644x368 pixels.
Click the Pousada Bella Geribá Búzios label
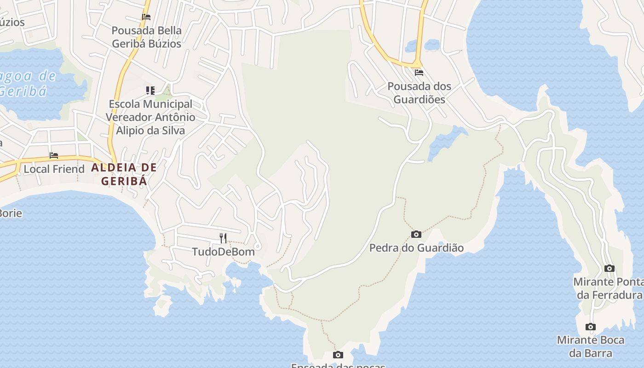pos(147,37)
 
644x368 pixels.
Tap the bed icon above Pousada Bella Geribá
pos(146,17)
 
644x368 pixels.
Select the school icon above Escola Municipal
pos(150,90)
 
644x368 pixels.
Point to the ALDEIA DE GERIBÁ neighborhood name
pos(124,174)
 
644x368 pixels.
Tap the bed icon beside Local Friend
pos(54,155)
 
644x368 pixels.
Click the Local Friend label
pos(54,169)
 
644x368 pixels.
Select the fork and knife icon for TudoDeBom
pos(223,238)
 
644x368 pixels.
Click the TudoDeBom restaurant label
pos(223,252)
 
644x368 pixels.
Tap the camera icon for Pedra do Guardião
pos(416,235)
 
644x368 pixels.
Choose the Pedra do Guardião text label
pos(416,248)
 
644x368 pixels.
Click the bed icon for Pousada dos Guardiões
pos(419,73)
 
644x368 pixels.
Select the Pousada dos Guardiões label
pos(419,92)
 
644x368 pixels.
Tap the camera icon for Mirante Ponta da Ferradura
pos(609,268)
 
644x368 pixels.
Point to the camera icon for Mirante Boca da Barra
pos(591,327)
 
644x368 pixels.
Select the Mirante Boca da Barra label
pos(591,346)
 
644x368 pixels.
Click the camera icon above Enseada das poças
pos(338,355)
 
